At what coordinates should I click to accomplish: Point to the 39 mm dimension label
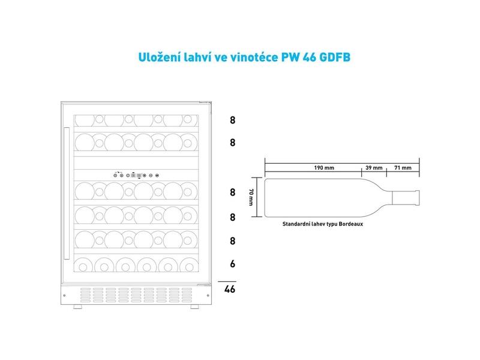pyautogui.click(x=373, y=168)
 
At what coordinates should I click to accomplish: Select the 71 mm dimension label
pyautogui.click(x=403, y=168)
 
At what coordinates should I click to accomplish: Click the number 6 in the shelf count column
pyautogui.click(x=232, y=264)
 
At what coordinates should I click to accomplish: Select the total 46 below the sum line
pyautogui.click(x=229, y=289)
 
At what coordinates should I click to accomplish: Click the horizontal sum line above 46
pyautogui.click(x=227, y=281)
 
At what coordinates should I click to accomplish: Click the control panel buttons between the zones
pyautogui.click(x=135, y=176)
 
